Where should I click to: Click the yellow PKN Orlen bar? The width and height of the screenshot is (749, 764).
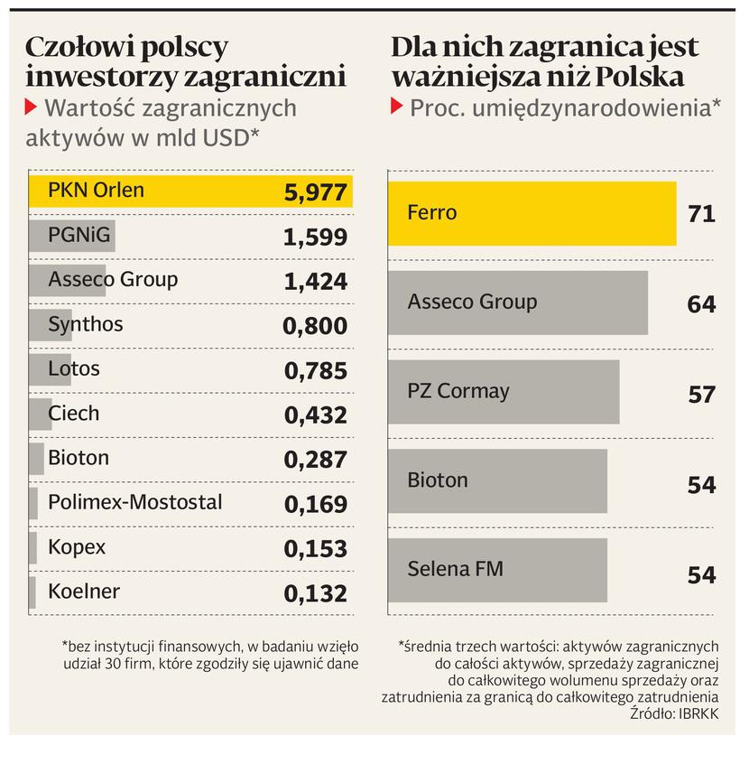[x=190, y=191]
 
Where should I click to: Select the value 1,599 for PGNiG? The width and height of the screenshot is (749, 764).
[x=315, y=238]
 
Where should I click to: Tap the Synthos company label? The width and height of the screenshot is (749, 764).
[x=86, y=324]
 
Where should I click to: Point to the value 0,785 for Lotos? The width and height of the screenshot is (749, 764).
[x=315, y=370]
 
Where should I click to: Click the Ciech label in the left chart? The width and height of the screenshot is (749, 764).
[x=74, y=414]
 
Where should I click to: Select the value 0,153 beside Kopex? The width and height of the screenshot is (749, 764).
[x=315, y=549]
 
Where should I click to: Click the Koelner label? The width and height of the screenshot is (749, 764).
[x=84, y=592]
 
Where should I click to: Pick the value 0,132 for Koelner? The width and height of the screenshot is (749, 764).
[x=315, y=593]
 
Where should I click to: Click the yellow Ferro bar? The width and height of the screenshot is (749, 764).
[x=532, y=213]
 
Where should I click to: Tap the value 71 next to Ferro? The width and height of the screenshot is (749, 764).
[x=701, y=214]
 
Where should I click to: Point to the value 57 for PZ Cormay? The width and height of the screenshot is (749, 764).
[x=701, y=395]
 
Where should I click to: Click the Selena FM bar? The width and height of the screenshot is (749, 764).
[x=497, y=570]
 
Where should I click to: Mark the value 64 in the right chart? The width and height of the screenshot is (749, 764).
[x=701, y=304]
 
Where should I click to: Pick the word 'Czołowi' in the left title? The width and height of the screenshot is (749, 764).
[x=77, y=47]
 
